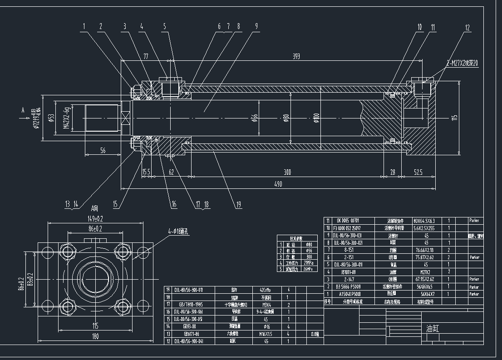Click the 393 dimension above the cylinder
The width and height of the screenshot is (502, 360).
[296, 56]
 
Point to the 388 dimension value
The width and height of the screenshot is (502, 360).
[286, 173]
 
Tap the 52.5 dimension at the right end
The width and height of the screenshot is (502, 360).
[418, 173]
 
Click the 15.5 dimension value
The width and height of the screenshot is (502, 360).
[146, 173]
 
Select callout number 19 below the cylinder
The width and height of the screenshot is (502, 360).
[238, 205]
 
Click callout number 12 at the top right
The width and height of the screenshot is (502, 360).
[467, 27]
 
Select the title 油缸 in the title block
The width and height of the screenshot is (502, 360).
[433, 328]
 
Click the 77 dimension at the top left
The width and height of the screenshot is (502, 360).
[146, 56]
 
